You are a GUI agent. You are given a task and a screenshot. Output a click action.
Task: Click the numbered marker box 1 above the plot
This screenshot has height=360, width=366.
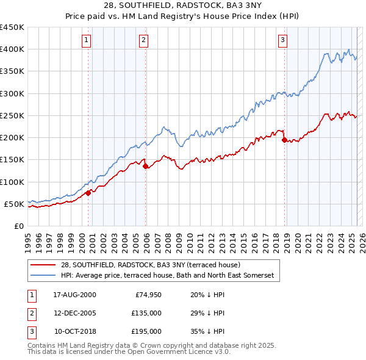[86, 41]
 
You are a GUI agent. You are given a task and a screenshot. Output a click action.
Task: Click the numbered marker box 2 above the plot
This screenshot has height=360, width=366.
[143, 41]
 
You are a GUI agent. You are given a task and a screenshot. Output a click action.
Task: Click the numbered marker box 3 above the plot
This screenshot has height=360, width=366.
[283, 41]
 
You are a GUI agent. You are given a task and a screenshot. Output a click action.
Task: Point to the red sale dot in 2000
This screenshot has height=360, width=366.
[88, 193]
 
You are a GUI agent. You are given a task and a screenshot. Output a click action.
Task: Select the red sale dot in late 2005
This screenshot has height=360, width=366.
[146, 167]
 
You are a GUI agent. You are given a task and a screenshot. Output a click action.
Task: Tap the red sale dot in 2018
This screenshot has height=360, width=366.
[284, 140]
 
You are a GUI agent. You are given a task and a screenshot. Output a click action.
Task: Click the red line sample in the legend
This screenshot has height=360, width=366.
[43, 265]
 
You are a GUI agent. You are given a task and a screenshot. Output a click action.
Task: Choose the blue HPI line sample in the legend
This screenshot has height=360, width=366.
[43, 276]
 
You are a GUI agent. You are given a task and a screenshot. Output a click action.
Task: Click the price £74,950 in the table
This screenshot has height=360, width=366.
[147, 295]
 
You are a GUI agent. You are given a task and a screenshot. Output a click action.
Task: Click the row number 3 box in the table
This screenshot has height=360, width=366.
[30, 331]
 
